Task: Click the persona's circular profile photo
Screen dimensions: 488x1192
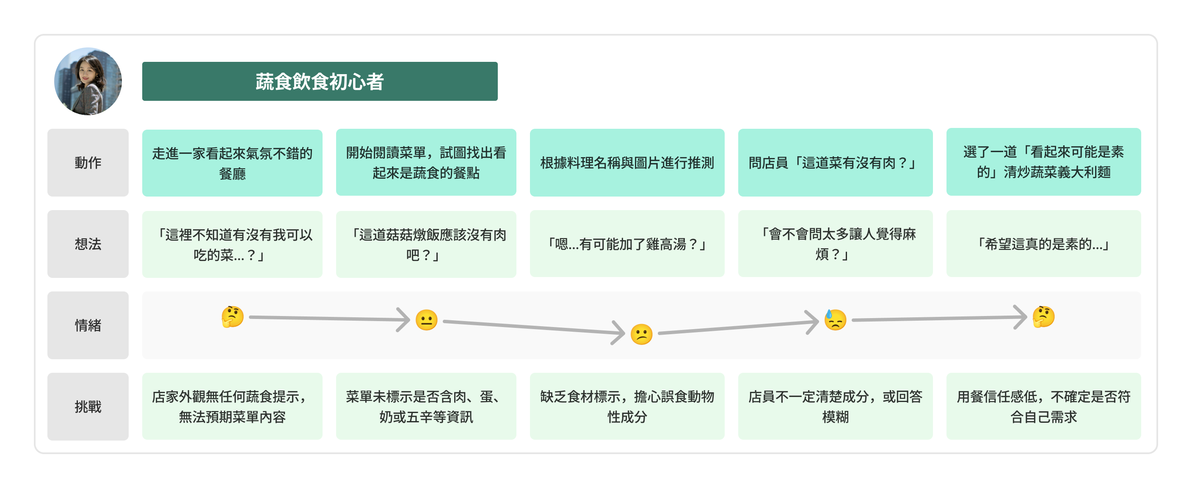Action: (x=88, y=81)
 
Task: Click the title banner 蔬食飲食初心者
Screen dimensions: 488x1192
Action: (x=320, y=81)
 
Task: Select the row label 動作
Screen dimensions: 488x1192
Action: (x=88, y=163)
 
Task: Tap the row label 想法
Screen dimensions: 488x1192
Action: (x=88, y=244)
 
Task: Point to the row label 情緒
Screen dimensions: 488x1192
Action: (x=88, y=325)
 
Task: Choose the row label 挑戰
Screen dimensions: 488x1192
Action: (x=88, y=407)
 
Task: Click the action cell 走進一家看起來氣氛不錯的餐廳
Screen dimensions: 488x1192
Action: (x=232, y=163)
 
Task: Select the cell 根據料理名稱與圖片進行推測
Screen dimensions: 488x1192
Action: (x=627, y=163)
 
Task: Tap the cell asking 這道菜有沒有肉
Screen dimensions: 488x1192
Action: (x=835, y=163)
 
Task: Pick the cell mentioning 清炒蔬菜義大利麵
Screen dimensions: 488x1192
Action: (x=1043, y=162)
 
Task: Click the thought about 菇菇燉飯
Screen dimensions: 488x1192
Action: (x=426, y=244)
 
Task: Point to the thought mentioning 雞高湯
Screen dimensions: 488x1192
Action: (x=627, y=244)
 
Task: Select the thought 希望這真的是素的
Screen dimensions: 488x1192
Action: (x=1043, y=244)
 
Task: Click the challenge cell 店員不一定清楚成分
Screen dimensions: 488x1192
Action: (x=835, y=407)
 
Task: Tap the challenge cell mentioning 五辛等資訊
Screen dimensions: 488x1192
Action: (x=426, y=407)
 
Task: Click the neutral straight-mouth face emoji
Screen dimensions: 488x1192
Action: (x=426, y=320)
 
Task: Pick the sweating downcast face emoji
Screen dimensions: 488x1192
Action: (x=835, y=319)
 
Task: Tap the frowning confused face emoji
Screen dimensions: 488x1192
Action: (x=641, y=334)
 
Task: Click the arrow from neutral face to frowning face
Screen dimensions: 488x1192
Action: (x=532, y=327)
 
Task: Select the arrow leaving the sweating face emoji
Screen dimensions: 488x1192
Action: (x=939, y=319)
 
